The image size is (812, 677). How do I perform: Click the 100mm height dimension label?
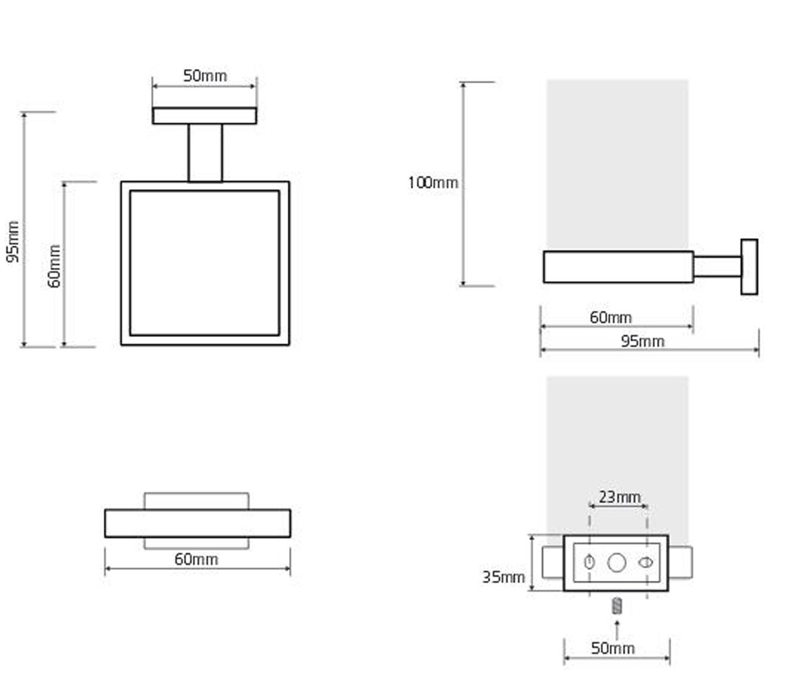[x=433, y=183]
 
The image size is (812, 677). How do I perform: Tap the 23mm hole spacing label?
[x=620, y=497]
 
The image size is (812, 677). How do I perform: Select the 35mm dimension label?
[x=503, y=577]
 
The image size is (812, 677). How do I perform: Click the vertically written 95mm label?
[x=13, y=242]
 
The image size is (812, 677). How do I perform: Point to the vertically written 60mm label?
[x=54, y=266]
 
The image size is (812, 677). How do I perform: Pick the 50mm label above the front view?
[x=205, y=75]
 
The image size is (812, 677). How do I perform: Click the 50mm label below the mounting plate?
[x=613, y=648]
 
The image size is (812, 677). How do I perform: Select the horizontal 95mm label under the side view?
[x=642, y=341]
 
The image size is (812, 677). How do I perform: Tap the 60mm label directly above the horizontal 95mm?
[x=610, y=318]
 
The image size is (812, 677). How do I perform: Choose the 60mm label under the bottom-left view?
[x=196, y=559]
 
